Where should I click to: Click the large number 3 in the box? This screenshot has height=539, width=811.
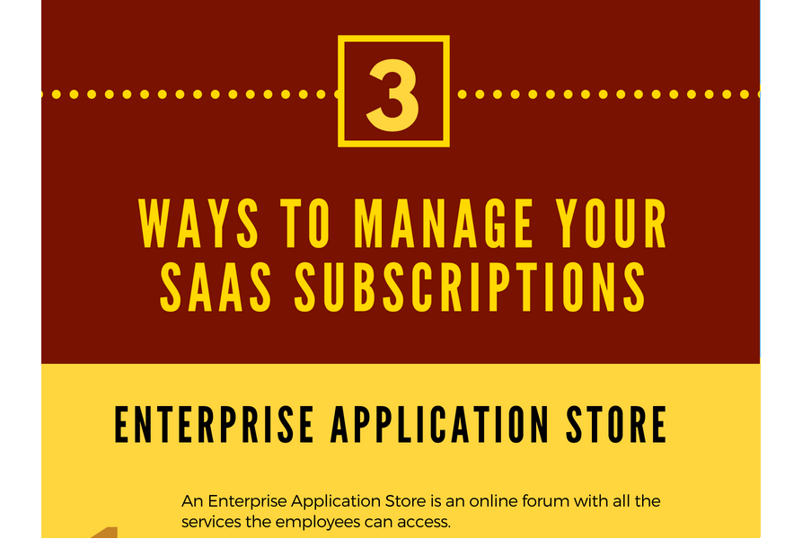[x=392, y=96]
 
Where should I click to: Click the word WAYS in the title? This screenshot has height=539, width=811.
[x=199, y=224]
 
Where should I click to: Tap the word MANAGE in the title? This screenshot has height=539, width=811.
[x=444, y=224]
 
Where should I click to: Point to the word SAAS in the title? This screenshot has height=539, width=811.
[x=216, y=287]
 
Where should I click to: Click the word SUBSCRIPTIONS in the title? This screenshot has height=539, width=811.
[x=470, y=287]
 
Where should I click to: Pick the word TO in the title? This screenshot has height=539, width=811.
[x=305, y=224]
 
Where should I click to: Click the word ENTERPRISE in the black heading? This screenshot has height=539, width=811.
[x=214, y=425]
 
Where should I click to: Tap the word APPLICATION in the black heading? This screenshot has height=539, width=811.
[x=440, y=425]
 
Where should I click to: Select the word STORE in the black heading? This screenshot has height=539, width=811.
[x=616, y=425]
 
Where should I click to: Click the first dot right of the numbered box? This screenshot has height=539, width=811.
[x=463, y=94]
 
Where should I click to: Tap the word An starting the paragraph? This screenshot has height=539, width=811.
[x=192, y=501]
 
